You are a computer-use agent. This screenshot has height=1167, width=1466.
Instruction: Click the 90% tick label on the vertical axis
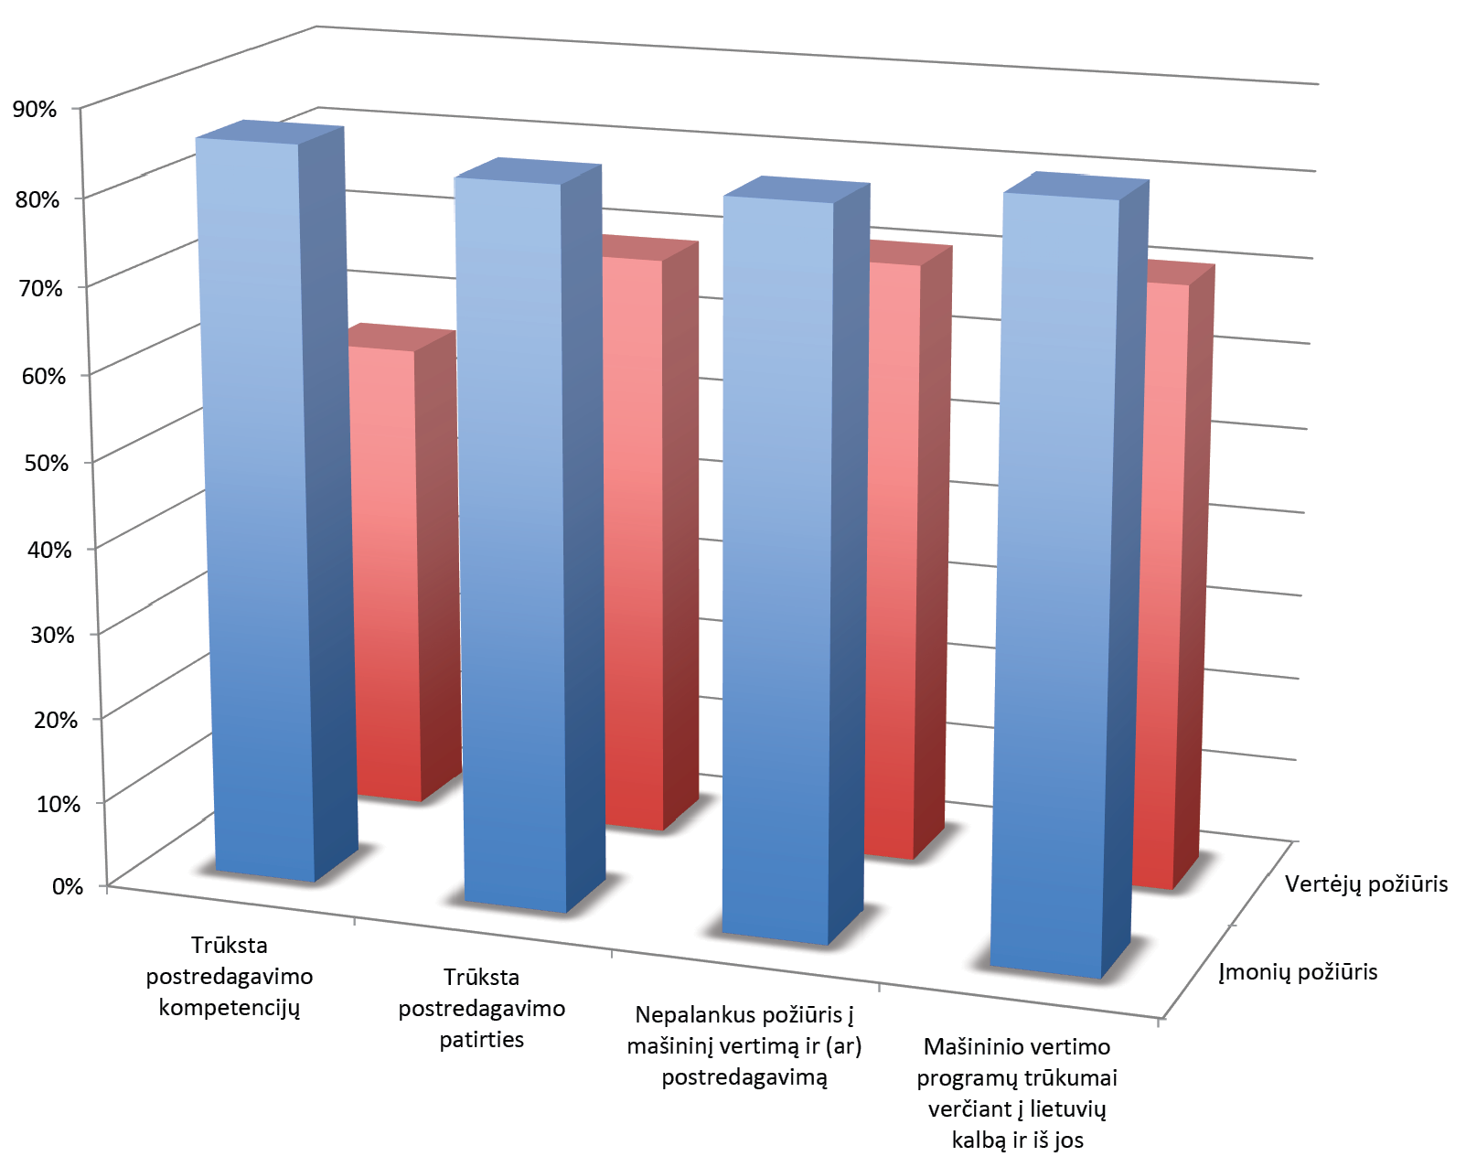click(35, 110)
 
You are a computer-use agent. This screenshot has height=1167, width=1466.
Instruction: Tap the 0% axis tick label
click(68, 886)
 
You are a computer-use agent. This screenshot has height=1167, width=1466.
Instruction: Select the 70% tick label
click(40, 289)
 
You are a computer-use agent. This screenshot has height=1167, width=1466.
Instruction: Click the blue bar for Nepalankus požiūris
click(777, 567)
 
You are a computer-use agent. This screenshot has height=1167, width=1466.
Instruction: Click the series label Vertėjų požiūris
click(1366, 884)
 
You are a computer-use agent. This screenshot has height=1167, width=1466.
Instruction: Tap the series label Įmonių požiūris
click(1298, 972)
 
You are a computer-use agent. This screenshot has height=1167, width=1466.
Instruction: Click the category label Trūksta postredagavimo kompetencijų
click(230, 977)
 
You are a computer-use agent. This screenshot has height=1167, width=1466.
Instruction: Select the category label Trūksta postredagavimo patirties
click(482, 1009)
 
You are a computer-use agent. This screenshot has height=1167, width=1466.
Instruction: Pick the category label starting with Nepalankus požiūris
click(744, 1045)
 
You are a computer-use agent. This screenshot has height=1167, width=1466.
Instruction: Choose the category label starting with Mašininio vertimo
click(1017, 1093)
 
